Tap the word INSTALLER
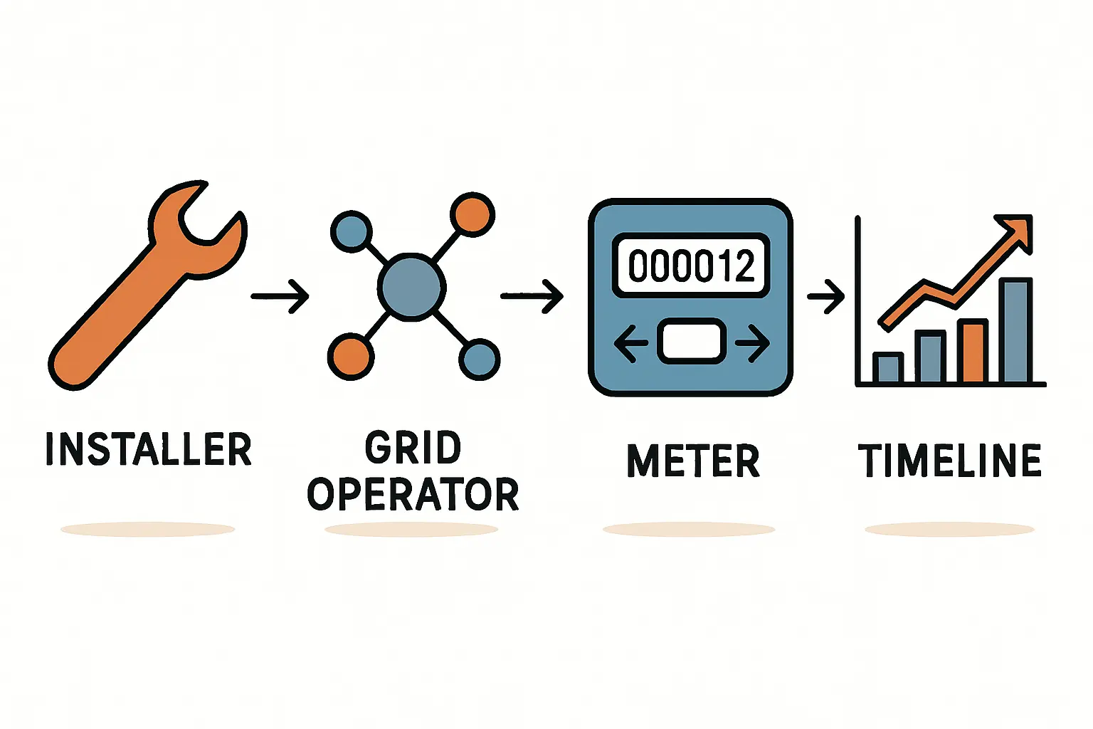pyautogui.click(x=149, y=449)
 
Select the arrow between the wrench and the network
pyautogui.click(x=280, y=295)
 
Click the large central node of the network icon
pyautogui.click(x=412, y=287)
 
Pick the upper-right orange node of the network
pyautogui.click(x=472, y=214)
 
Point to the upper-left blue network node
pyautogui.click(x=352, y=232)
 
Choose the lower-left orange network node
pyautogui.click(x=350, y=357)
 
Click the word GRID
pyautogui.click(x=413, y=448)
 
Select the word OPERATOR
pyautogui.click(x=413, y=495)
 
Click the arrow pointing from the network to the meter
pyautogui.click(x=532, y=295)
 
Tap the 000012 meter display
pyautogui.click(x=691, y=265)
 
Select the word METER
pyautogui.click(x=693, y=461)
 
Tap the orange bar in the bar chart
pyautogui.click(x=972, y=351)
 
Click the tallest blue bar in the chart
pyautogui.click(x=1015, y=330)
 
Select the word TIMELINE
pyautogui.click(x=950, y=461)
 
